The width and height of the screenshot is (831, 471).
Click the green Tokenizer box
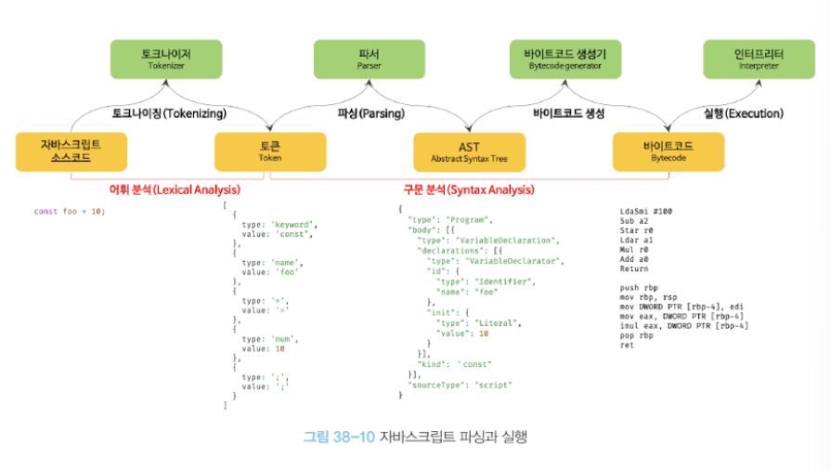(166, 59)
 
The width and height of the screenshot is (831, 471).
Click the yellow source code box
(71, 152)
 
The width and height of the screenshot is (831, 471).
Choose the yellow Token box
(269, 152)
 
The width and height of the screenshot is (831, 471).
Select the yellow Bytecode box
(668, 152)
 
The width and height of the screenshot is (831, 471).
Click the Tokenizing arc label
(168, 114)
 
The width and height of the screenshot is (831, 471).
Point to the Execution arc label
(743, 114)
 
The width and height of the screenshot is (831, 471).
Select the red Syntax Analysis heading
(467, 190)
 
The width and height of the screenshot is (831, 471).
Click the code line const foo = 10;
(70, 212)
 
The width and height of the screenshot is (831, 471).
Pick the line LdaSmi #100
(645, 211)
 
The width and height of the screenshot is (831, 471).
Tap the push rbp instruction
(639, 288)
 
